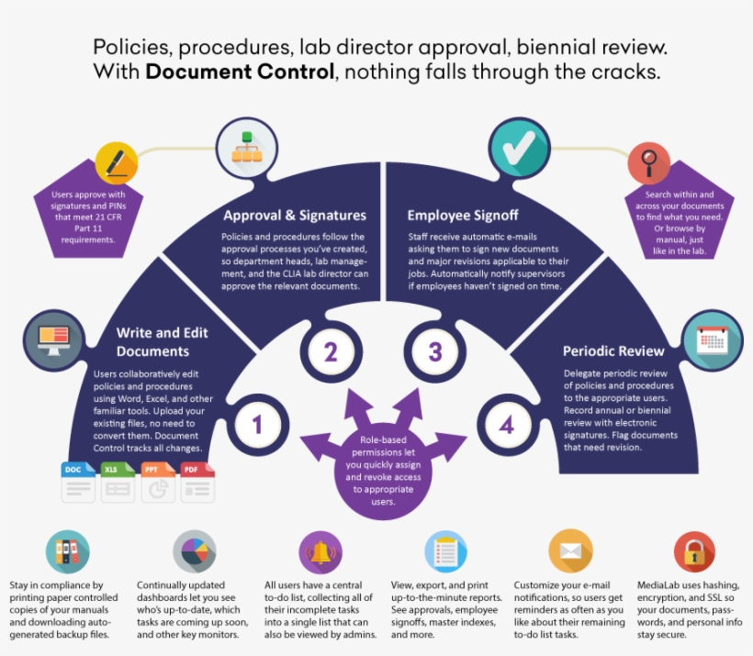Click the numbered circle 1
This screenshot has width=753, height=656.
click(x=258, y=425)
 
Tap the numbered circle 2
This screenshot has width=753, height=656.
click(x=331, y=351)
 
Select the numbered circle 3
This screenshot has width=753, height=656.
click(x=436, y=351)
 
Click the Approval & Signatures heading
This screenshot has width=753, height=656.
click(x=295, y=216)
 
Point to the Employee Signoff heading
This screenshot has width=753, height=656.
click(x=463, y=216)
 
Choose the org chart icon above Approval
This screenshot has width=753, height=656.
click(x=245, y=149)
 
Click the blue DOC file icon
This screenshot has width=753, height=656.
click(x=78, y=482)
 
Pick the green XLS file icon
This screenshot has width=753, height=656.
click(x=117, y=482)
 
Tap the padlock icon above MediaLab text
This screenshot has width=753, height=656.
click(x=694, y=553)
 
